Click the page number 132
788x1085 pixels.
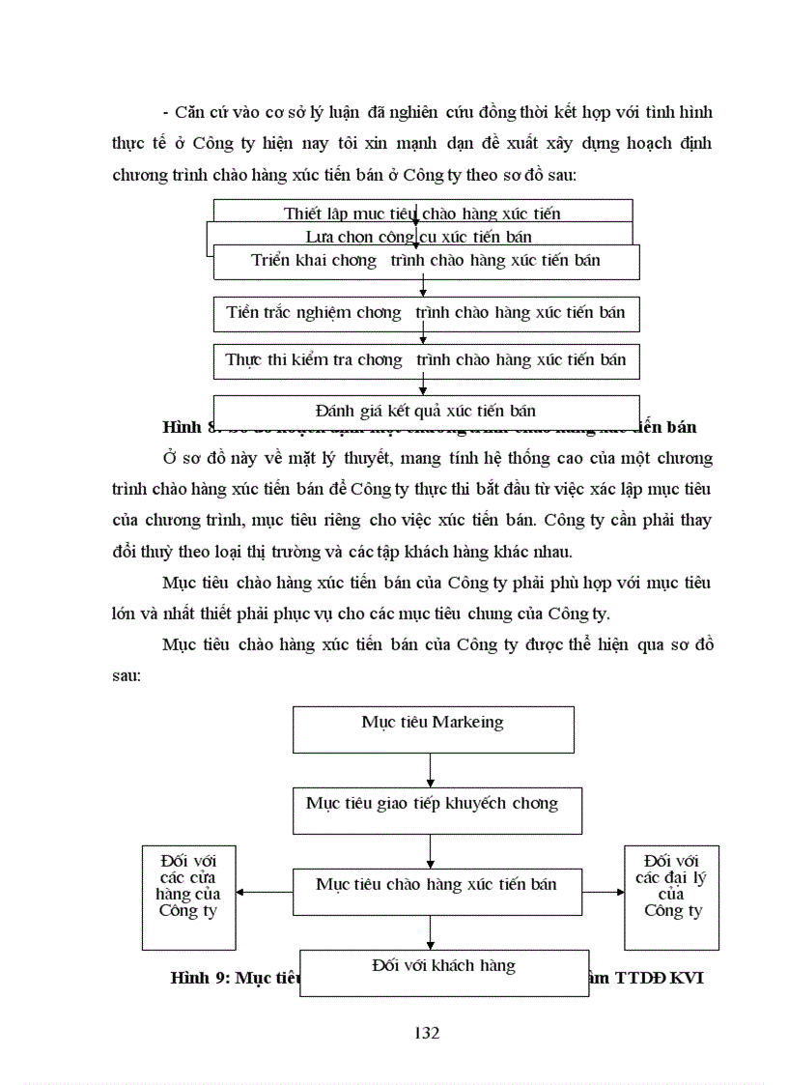point(426,1032)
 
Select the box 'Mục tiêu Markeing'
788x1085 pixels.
point(433,729)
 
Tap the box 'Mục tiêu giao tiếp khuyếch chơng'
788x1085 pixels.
point(436,811)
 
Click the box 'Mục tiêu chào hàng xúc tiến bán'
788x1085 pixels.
point(436,891)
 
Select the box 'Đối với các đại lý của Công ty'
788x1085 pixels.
point(671,897)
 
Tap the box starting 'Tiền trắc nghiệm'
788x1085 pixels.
point(426,313)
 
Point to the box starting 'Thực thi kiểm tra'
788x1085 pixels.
point(426,360)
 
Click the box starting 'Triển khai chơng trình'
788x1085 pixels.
point(426,262)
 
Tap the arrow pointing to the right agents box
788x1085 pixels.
point(603,892)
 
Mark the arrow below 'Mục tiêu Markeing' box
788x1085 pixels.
point(430,770)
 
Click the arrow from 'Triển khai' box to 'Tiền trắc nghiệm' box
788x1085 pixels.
point(423,288)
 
